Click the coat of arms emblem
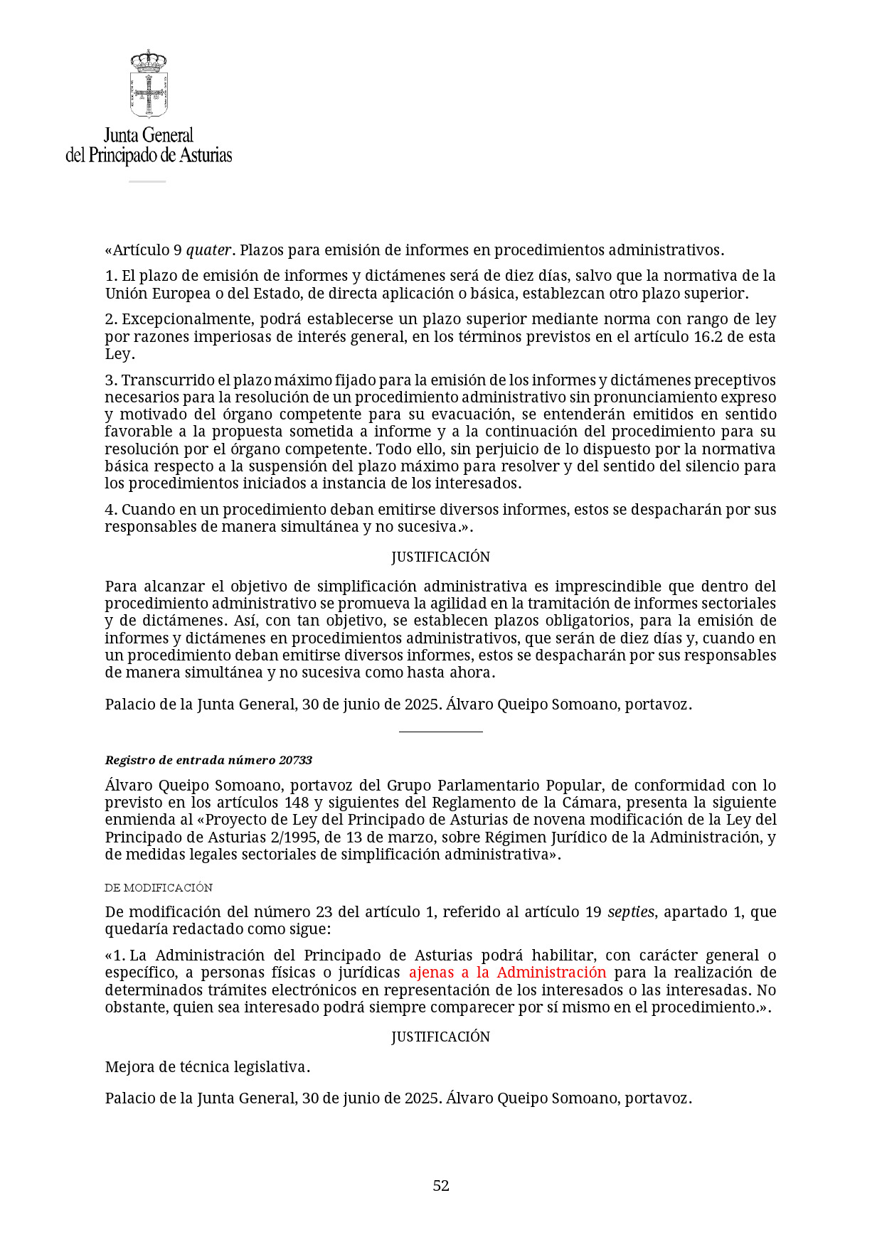(x=149, y=84)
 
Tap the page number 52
(x=441, y=1185)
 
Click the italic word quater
(x=208, y=250)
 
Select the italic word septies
(x=630, y=912)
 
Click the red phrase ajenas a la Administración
(x=507, y=973)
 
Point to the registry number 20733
(x=295, y=760)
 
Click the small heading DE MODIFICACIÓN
(x=159, y=887)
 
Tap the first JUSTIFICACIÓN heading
(x=440, y=557)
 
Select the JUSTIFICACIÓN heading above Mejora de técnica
(x=440, y=1037)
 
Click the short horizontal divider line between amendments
(x=440, y=731)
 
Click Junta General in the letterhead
(x=149, y=135)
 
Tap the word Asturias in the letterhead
(x=205, y=155)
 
